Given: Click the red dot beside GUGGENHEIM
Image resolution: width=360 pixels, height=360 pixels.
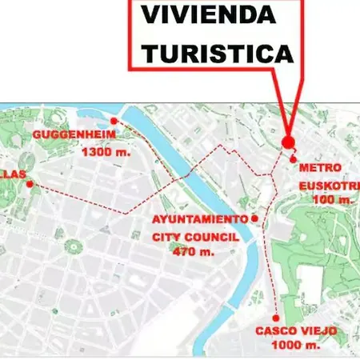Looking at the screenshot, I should coord(114,122).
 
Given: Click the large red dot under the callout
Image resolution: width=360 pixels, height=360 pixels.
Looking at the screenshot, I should coord(288,142).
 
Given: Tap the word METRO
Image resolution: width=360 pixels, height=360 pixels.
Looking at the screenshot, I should coord(320,168).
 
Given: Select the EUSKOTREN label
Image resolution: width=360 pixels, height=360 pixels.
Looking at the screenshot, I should coord(326,184).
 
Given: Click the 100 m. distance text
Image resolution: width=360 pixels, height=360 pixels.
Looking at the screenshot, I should coord(331,198).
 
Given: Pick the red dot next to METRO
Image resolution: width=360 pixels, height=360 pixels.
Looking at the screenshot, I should coord(294,160).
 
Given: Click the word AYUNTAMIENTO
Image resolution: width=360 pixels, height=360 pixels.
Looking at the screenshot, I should coord(200,219).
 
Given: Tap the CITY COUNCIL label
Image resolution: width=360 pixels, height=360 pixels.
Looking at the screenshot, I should coord(196,236).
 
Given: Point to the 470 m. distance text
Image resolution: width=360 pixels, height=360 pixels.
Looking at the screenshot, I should coord(194,251).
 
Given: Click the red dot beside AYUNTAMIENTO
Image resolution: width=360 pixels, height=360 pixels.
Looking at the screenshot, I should coord(254,218).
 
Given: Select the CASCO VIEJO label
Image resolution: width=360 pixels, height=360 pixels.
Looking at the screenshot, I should coord(296,330).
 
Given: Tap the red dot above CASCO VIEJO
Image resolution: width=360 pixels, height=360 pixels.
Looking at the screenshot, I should coord(276,317).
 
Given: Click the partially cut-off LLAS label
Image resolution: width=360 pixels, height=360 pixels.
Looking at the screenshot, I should coord(14,174).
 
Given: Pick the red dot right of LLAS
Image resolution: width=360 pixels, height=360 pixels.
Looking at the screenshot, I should coord(30,184).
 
